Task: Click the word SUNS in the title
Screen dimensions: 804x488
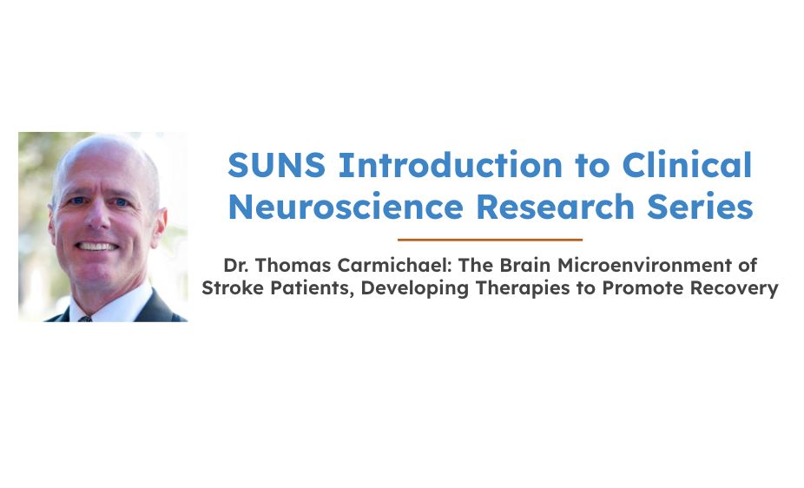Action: [x=276, y=165]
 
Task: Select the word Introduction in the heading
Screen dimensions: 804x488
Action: [x=451, y=165]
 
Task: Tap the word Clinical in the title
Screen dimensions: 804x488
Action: [x=687, y=165]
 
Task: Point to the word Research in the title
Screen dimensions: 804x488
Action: [x=556, y=206]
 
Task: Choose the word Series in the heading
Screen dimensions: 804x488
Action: [x=700, y=206]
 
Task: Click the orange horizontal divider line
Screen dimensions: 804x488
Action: [x=490, y=240]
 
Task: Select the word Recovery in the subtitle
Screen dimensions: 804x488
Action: [x=734, y=288]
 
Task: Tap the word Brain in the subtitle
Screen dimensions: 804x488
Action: [x=525, y=265]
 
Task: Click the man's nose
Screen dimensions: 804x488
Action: [x=97, y=216]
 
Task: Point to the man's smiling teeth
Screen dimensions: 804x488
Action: [x=97, y=247]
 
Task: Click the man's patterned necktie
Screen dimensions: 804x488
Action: [x=85, y=319]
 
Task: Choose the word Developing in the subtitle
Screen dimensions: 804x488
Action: [x=415, y=288]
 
